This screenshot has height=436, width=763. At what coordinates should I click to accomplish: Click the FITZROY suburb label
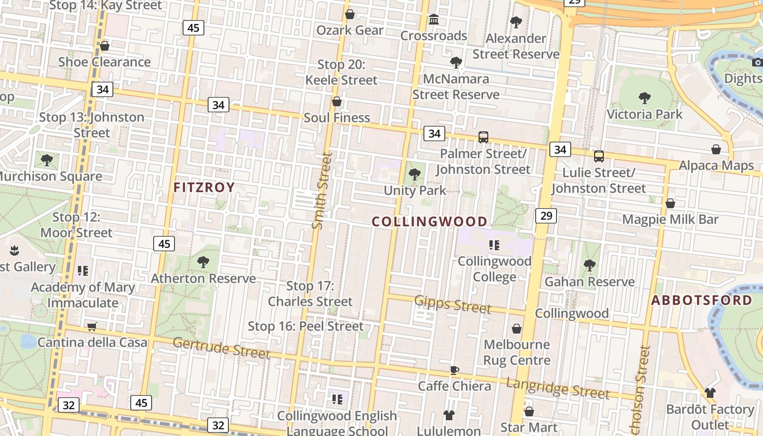coord(204,187)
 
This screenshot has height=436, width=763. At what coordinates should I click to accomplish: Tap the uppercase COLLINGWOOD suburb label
coord(429,221)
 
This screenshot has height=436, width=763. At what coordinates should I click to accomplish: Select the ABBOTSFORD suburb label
coord(701,300)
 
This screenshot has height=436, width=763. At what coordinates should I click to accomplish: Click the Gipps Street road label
coord(452,304)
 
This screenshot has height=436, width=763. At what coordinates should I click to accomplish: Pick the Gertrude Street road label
coord(221,348)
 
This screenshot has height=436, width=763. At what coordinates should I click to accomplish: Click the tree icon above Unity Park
coord(415,174)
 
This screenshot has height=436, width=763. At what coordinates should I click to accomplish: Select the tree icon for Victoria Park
coord(644,98)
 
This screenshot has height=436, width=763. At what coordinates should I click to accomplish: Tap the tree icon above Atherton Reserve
coord(203,262)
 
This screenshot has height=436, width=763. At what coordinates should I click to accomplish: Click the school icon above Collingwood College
coord(494,245)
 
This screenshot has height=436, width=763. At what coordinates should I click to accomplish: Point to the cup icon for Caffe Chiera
coord(455,371)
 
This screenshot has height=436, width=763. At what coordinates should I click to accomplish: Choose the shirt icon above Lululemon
coord(449,415)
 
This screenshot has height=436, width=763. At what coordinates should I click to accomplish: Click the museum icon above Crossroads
coord(434,20)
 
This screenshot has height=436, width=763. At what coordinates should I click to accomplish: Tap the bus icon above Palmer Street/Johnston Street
coord(483,137)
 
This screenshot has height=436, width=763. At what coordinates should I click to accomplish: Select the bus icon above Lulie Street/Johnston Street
coord(598,156)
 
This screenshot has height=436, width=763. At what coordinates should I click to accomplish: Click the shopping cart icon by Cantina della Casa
coord(92,326)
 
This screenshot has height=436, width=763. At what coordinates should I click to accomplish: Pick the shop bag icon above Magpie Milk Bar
coord(670,203)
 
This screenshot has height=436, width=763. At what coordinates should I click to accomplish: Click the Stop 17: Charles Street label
coord(310,293)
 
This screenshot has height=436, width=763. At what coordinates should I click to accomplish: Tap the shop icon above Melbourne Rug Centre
coord(516,329)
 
